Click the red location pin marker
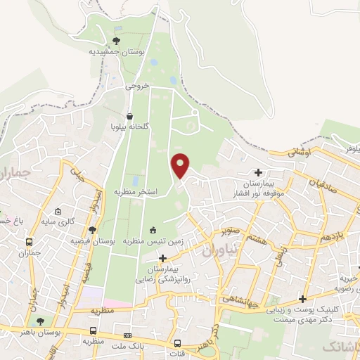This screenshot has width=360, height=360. (181, 165)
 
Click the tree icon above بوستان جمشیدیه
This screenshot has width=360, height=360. (117, 41)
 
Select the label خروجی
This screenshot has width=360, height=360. (138, 87)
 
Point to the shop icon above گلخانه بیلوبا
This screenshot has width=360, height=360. (130, 117)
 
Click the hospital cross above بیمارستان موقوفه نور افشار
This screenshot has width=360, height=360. (259, 172)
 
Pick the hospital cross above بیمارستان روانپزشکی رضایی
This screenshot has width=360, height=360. (163, 259)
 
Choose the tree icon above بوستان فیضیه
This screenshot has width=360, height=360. (92, 230)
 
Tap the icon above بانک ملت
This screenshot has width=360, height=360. (127, 336)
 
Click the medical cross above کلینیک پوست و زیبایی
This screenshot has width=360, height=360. (302, 299)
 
